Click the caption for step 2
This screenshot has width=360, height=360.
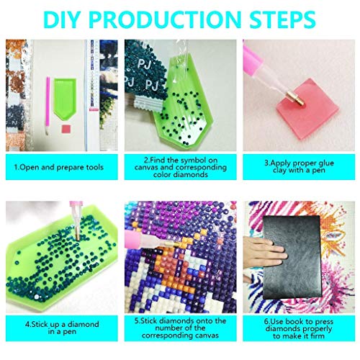[179, 167]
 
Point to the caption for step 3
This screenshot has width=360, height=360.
[300, 167]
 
